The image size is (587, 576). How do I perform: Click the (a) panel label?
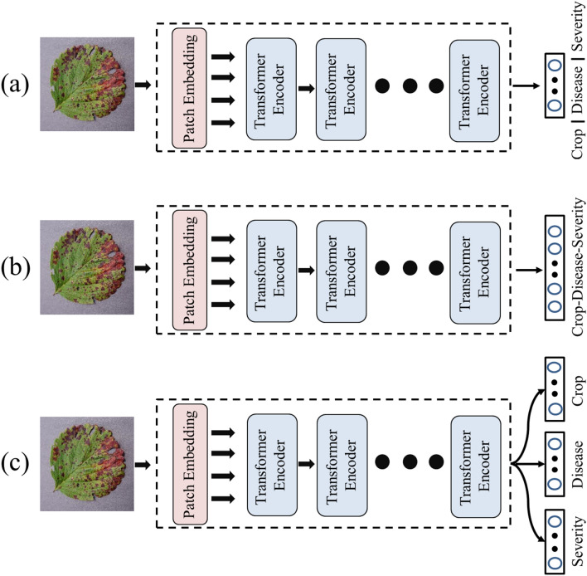coord(16,85)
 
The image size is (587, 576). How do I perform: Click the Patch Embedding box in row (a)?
coord(189,87)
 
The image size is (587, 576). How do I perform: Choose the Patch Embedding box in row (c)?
coord(189,461)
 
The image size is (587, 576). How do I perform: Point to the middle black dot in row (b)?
coord(408,268)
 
